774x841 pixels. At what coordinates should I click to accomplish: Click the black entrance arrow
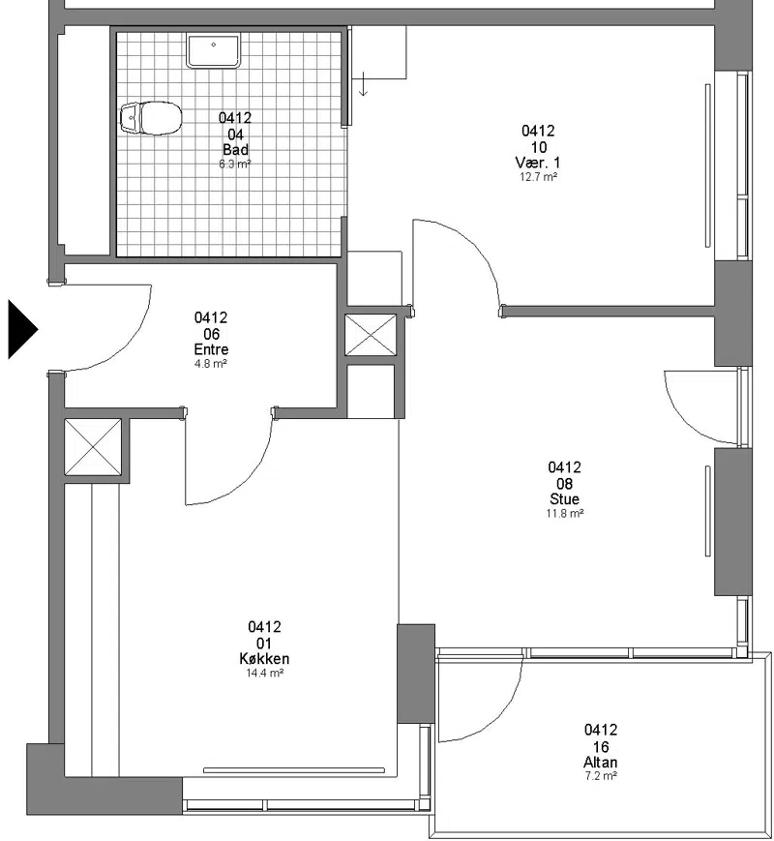click(x=21, y=329)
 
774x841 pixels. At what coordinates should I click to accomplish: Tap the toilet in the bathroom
click(x=151, y=118)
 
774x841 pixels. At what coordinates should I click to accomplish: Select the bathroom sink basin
click(x=213, y=50)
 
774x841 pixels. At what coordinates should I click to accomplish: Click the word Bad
click(x=235, y=150)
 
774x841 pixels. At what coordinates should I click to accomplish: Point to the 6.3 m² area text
click(x=235, y=165)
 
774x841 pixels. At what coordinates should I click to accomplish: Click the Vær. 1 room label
click(x=538, y=163)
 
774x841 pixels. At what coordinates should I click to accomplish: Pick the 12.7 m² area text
click(x=538, y=177)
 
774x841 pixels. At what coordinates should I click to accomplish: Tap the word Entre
click(x=211, y=349)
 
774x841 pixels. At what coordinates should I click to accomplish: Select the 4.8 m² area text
click(x=211, y=364)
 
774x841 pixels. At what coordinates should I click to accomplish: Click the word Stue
click(x=564, y=498)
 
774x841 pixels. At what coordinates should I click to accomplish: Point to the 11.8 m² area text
click(x=565, y=513)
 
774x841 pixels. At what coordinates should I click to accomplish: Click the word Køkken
click(x=264, y=659)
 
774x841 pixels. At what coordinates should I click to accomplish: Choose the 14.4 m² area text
click(x=264, y=674)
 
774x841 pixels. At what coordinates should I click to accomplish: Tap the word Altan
click(x=600, y=763)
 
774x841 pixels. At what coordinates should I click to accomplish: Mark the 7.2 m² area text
click(x=601, y=776)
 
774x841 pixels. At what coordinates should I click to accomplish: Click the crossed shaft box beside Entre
click(x=371, y=335)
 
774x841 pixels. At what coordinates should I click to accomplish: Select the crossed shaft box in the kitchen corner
click(x=93, y=447)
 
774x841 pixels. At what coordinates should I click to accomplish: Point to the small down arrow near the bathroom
click(x=364, y=84)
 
